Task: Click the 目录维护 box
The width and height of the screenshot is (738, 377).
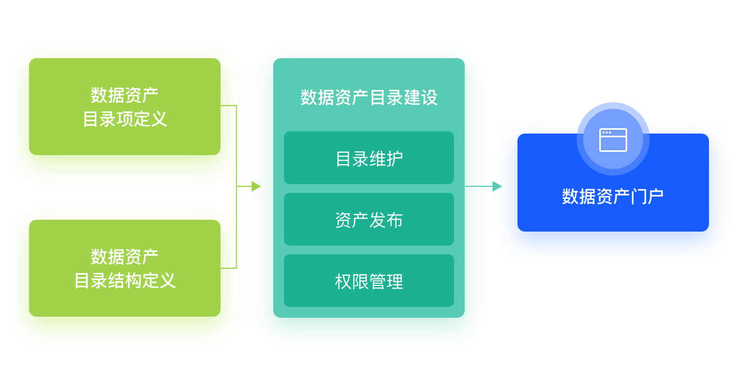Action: coord(369,158)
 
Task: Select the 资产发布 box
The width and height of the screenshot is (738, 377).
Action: coord(369,220)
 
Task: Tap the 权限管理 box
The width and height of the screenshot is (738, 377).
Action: coord(369,281)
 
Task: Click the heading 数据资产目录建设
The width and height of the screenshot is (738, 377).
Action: coord(369,97)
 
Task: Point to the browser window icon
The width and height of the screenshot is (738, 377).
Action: coord(613,139)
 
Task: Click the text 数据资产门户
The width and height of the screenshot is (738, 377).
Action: coord(613,197)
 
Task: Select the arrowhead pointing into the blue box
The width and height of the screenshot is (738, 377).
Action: coord(497,186)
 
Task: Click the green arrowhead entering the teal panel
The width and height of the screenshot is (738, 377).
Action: coord(257,186)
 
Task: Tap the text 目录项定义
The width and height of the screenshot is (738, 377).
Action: coord(125,119)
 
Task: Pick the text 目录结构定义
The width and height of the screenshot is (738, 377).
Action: coord(125,281)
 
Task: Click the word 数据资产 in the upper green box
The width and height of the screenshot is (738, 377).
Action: coord(125,95)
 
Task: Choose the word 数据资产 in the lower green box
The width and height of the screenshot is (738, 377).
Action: coord(125,257)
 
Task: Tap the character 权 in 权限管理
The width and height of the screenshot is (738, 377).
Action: coord(343,281)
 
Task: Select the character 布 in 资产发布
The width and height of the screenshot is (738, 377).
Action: coord(395,220)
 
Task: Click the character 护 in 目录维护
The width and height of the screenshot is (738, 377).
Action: coord(395,158)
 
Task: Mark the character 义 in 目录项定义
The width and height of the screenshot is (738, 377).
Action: coord(159,119)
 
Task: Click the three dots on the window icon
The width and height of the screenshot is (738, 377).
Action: coord(607,132)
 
